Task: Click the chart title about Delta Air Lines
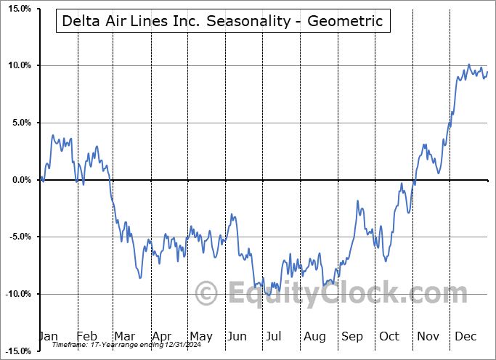click(x=222, y=21)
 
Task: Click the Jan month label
click(x=48, y=336)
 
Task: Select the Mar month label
click(x=124, y=336)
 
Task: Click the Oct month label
click(x=389, y=336)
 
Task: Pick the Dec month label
click(x=465, y=336)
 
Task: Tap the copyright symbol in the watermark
click(x=208, y=294)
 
